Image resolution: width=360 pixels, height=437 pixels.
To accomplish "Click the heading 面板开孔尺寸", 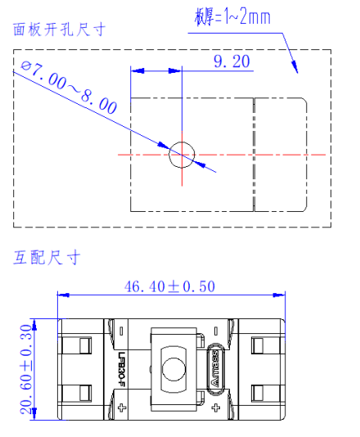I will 59,30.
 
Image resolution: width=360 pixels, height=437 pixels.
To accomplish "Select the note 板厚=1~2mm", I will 231,16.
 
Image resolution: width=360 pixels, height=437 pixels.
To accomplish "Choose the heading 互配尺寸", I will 47,257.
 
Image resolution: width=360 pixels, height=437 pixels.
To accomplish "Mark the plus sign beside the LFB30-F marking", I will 121,406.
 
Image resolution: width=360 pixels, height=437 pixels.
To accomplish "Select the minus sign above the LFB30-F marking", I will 121,331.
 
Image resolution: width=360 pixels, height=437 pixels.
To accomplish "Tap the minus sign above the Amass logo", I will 215,331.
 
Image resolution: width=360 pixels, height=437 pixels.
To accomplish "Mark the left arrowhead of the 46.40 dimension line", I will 60,295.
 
